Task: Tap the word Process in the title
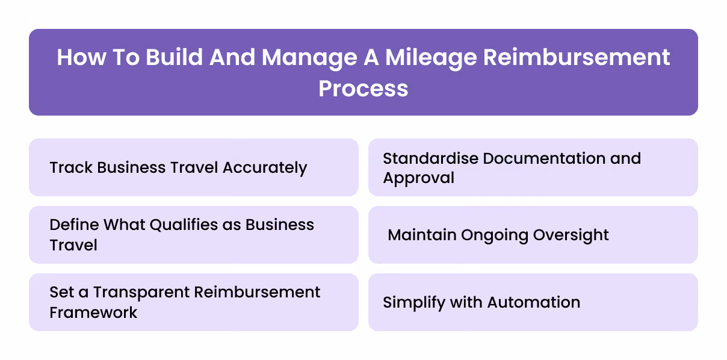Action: [363, 88]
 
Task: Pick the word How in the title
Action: [78, 58]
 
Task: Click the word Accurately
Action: [265, 167]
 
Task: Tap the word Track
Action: [70, 167]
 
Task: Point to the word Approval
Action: [419, 178]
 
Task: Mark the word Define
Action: [75, 225]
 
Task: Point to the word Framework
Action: [93, 312]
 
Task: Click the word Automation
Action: [534, 302]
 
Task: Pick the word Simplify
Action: [411, 302]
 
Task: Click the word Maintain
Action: [422, 235]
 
